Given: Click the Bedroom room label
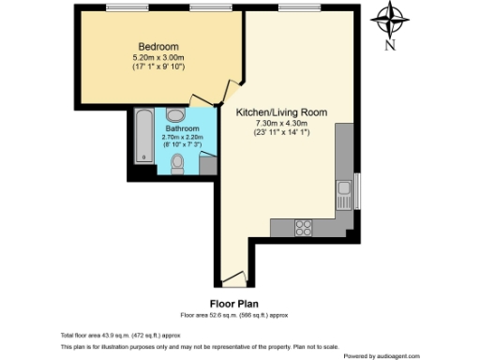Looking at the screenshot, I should tap(158, 47).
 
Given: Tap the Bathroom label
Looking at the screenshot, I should tap(183, 127).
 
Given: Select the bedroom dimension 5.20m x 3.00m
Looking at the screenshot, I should tap(158, 57).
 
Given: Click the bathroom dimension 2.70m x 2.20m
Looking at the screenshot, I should tap(183, 137).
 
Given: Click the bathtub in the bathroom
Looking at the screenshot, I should tap(143, 137).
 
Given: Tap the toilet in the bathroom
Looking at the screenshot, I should tap(178, 163).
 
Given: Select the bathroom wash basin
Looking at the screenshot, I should tap(184, 114).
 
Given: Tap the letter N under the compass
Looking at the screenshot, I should tap(393, 44).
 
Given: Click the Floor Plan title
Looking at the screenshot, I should tap(233, 304).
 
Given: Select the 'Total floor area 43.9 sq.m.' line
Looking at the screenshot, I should tap(120, 335).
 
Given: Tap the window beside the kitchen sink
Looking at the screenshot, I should tap(357, 193).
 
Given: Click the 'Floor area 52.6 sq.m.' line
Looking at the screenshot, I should tap(233, 314).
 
